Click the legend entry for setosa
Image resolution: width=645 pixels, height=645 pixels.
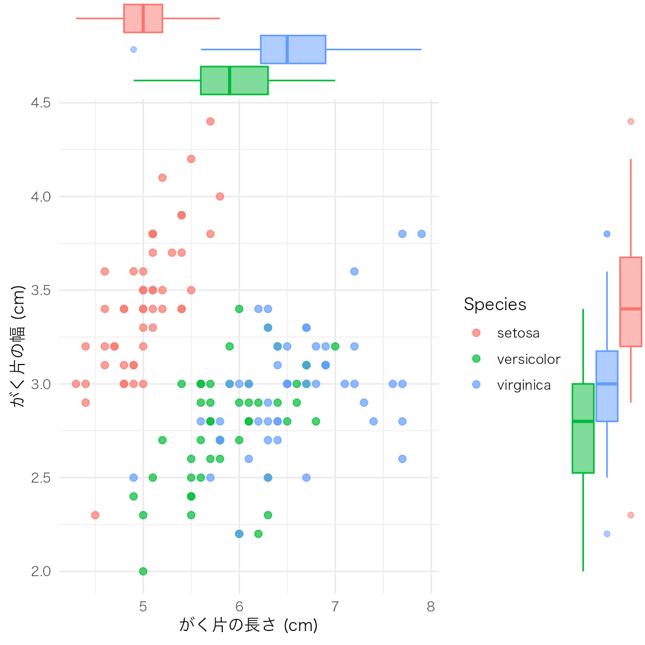(x=518, y=333)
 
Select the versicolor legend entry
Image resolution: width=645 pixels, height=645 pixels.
(x=528, y=359)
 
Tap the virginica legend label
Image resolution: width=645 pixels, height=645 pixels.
(x=524, y=385)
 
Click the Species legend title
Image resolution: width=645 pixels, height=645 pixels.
(x=495, y=304)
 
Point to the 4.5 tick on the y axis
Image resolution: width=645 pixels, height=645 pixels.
(x=41, y=102)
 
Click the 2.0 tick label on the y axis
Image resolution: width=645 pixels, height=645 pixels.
(x=41, y=571)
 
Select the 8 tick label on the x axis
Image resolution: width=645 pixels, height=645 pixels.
(x=431, y=606)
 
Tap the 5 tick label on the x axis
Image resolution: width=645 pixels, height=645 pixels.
(x=143, y=606)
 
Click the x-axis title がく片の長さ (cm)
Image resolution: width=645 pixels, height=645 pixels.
(x=248, y=625)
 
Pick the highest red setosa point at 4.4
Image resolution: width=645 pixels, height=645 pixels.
(x=211, y=121)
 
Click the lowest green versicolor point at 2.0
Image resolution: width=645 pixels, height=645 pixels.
(x=143, y=571)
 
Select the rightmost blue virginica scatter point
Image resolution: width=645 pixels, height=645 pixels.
(x=422, y=234)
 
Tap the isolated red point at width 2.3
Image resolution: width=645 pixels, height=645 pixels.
(x=95, y=515)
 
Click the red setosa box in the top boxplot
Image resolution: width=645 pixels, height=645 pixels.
(x=143, y=18)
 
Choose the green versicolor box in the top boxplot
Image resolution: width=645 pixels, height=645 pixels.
(x=234, y=80)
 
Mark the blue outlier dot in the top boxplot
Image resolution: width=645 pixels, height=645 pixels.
(x=133, y=49)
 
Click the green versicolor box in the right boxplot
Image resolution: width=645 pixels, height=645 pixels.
(x=583, y=428)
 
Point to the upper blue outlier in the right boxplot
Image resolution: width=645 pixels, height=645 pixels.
(x=607, y=234)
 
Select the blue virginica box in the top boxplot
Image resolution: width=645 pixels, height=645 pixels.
(x=293, y=49)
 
